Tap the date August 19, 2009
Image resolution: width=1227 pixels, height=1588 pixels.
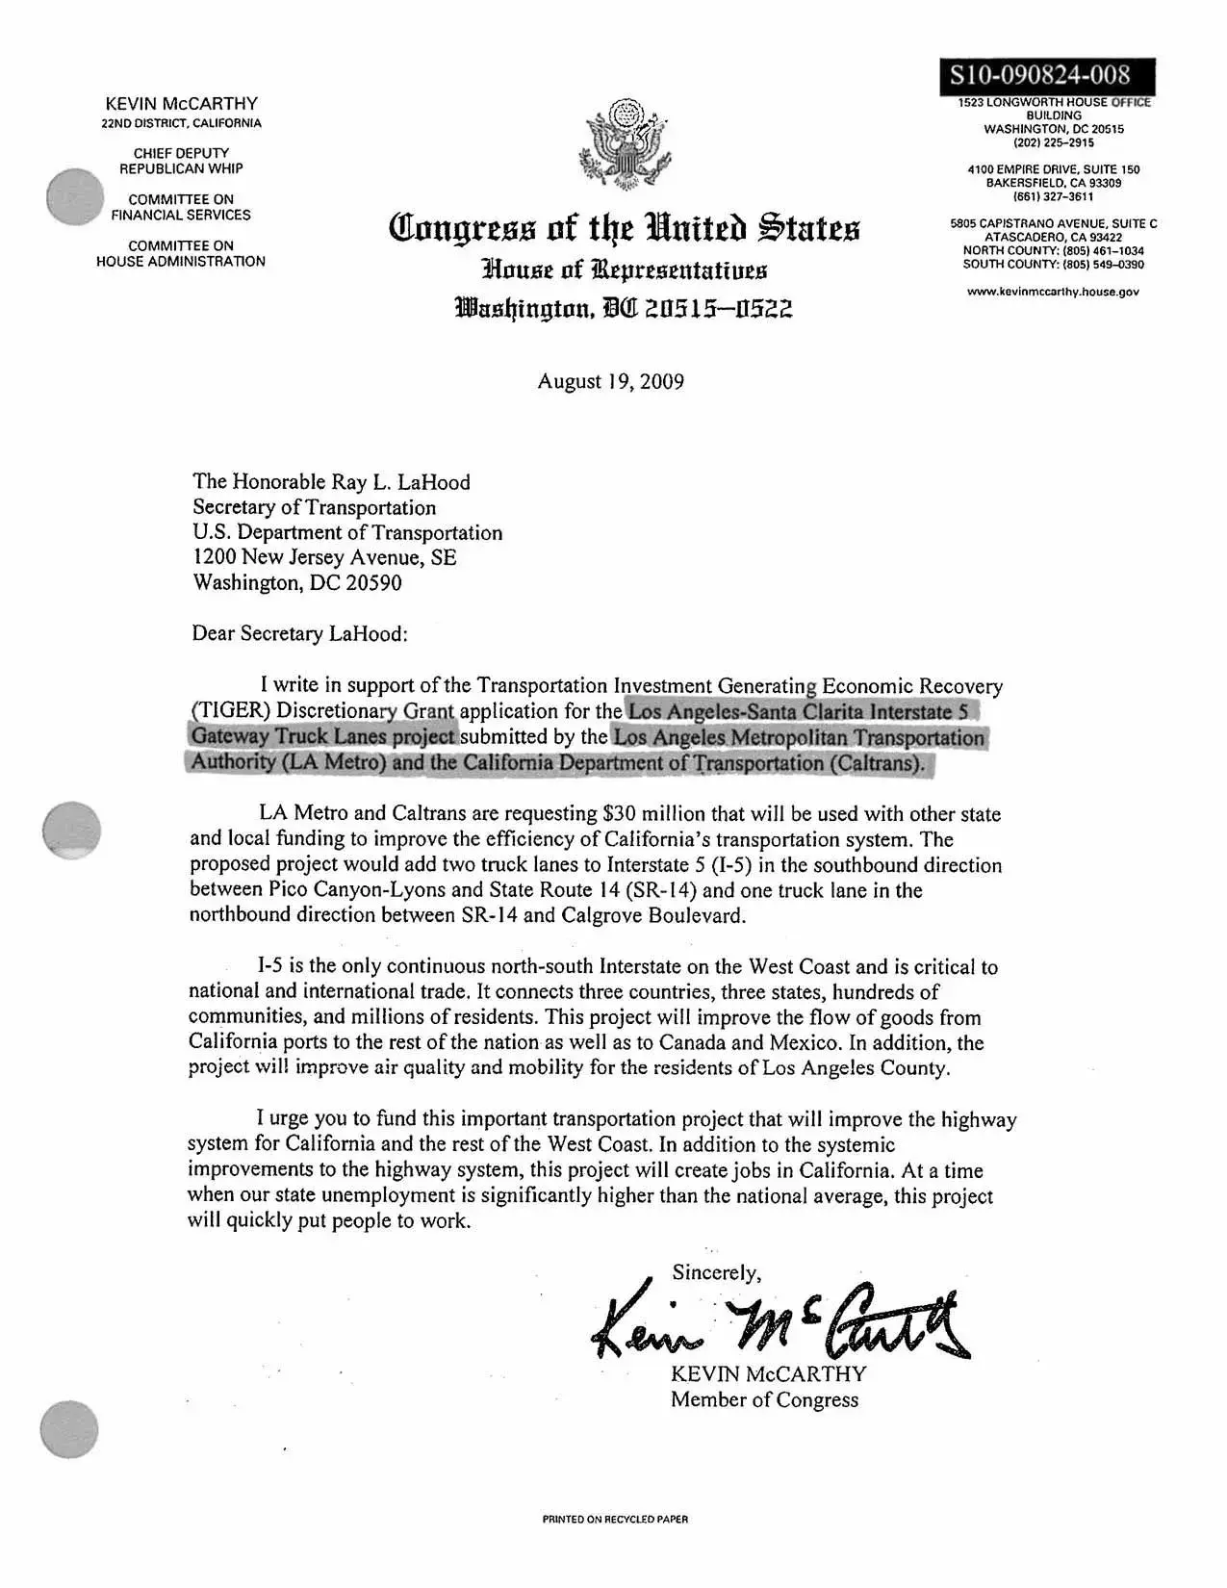point(610,381)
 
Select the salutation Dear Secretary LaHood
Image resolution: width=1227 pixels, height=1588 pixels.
point(300,633)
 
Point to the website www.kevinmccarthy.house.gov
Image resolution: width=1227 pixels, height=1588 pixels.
point(1054,292)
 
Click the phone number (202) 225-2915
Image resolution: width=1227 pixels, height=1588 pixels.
point(1054,142)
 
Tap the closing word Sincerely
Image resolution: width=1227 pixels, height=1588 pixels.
point(716,1272)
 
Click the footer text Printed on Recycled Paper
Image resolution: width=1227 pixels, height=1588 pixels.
point(615,1520)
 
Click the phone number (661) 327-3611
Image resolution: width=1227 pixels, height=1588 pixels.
point(1054,196)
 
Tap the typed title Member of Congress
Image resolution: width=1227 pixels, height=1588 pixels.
point(764,1399)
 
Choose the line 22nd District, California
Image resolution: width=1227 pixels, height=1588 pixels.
point(181,123)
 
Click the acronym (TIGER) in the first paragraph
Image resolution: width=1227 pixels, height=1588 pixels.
point(223,711)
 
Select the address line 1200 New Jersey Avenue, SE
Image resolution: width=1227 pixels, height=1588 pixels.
point(324,558)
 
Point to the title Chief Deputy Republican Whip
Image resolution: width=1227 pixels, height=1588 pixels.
point(181,161)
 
